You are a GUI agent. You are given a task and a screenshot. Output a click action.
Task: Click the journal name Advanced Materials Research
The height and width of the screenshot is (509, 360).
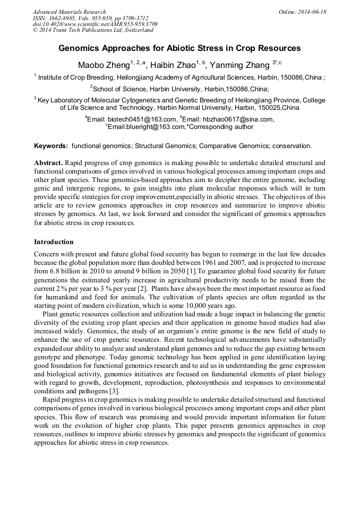70,12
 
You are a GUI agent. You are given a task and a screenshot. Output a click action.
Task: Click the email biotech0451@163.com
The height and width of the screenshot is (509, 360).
142,119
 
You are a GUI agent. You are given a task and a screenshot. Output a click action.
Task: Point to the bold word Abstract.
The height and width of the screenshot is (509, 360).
49,162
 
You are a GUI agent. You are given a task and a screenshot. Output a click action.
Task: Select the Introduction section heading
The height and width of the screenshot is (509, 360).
54,242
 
